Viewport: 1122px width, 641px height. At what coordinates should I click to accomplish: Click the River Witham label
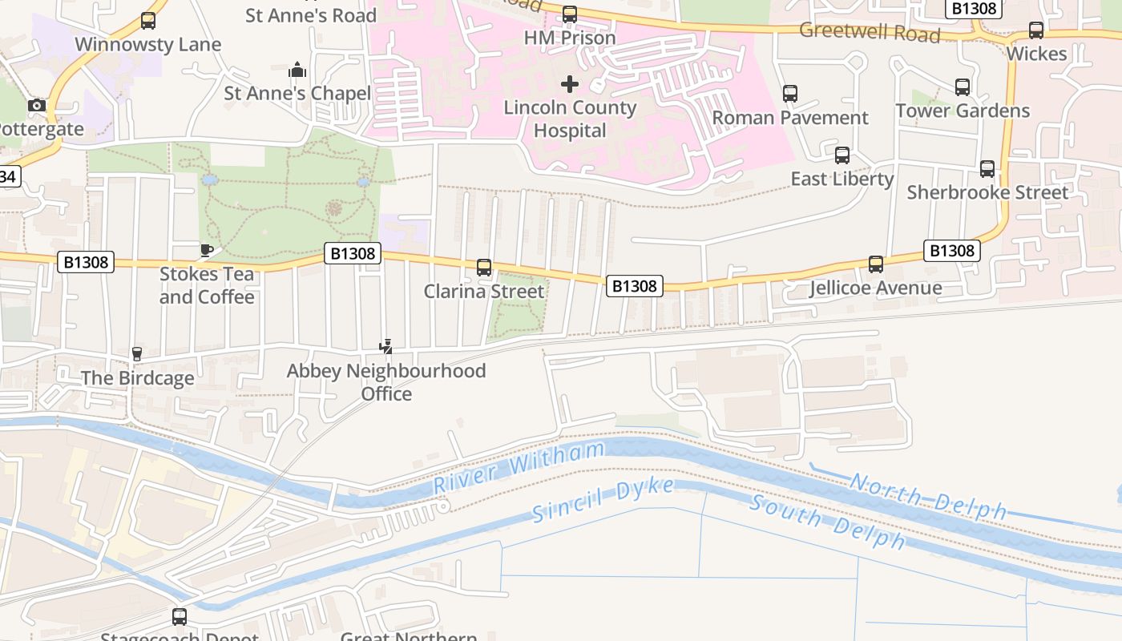coord(519,468)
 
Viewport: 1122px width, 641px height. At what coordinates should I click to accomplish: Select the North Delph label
coord(927,496)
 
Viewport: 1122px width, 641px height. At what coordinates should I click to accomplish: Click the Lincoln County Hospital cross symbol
coord(570,84)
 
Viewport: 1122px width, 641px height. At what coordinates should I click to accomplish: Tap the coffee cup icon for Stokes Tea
coord(206,250)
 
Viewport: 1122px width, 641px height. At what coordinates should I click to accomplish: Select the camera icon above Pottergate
coord(36,105)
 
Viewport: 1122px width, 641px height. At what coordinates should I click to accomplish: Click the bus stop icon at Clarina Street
coord(484,268)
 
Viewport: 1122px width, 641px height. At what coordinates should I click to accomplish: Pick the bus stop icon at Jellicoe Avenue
coord(876,264)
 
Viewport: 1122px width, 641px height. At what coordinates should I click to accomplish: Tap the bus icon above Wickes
coord(1036,30)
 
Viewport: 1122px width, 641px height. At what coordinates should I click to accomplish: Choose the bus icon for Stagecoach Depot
coord(180,617)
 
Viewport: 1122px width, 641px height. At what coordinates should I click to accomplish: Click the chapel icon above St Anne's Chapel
coord(297,70)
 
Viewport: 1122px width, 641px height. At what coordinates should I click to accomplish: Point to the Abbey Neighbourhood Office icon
coord(386,347)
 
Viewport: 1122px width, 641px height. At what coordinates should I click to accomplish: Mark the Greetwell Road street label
coord(870,34)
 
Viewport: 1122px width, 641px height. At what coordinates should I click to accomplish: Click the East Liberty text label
coord(841,179)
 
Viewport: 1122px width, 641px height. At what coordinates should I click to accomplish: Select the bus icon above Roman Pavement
coord(790,94)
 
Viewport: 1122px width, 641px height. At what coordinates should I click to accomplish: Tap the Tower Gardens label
coord(962,111)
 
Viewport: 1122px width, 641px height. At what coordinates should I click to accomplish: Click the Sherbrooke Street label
coord(987,192)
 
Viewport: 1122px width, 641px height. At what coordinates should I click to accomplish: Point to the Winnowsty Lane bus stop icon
coord(148,21)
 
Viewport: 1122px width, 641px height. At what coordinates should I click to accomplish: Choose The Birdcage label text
coord(137,378)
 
